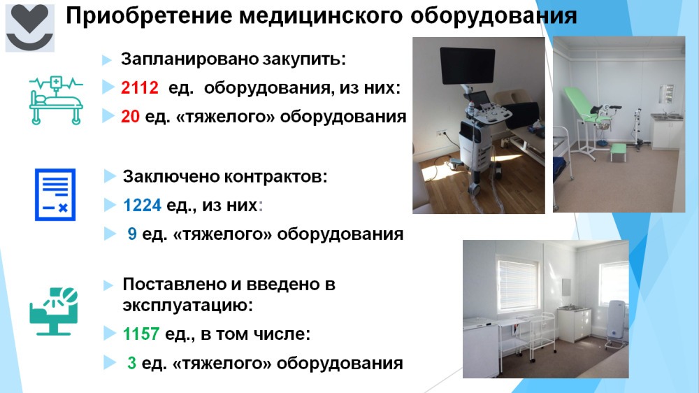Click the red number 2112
140,87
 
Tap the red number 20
130,116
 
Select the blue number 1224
142,205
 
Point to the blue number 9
132,234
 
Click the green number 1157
141,334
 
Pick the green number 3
131,363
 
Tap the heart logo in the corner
30,28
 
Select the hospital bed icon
56,101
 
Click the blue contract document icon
55,194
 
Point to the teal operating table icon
54,311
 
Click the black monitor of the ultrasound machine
467,66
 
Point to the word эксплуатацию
187,306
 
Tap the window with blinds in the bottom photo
517,284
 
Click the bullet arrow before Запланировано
106,59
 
